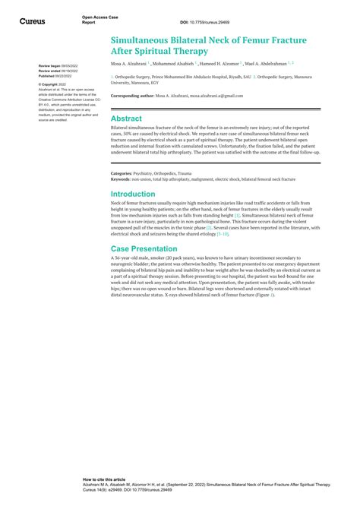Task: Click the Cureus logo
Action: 31,21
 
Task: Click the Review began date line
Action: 58,66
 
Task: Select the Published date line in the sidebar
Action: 58,76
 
